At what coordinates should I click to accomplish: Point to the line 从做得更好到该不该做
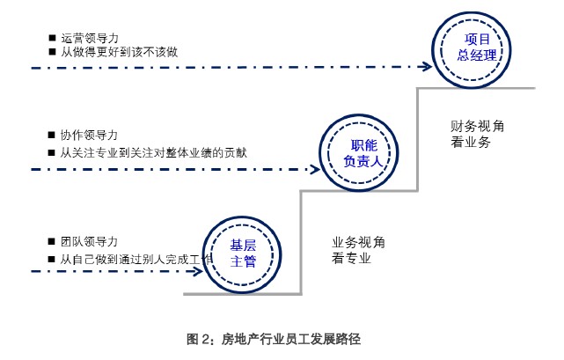pyautogui.click(x=119, y=53)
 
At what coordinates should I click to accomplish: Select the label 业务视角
pyautogui.click(x=357, y=242)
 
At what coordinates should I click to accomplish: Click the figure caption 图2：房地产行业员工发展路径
pyautogui.click(x=275, y=338)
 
